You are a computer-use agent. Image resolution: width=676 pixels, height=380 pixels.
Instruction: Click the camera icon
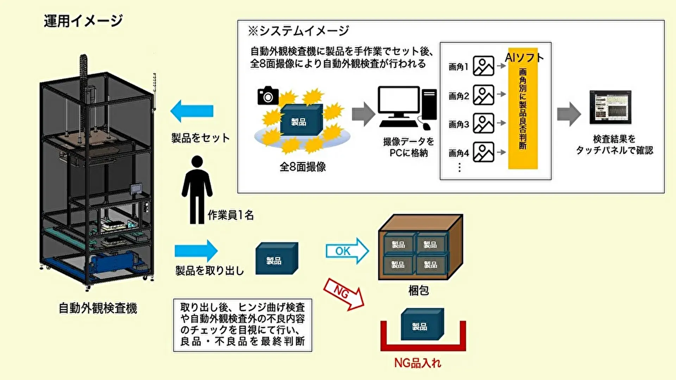(x=268, y=95)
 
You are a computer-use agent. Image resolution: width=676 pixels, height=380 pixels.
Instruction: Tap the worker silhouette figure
(x=197, y=190)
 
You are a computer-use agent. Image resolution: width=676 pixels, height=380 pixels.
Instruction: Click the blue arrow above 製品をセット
(x=192, y=111)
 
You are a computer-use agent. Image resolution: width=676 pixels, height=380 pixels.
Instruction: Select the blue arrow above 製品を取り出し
(x=196, y=251)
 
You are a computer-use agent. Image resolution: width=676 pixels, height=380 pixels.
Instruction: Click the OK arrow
(x=347, y=251)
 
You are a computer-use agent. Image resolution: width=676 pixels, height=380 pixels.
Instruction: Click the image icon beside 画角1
(x=483, y=66)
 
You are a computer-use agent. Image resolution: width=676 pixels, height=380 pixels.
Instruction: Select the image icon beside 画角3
(x=483, y=123)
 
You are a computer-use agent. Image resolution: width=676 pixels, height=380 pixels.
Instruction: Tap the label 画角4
(x=458, y=153)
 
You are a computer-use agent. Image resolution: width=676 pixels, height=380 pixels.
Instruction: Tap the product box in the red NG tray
(x=422, y=324)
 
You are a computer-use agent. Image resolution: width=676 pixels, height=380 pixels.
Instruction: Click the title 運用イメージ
(x=83, y=21)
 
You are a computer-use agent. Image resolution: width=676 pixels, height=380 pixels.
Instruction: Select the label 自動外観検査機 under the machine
(x=98, y=308)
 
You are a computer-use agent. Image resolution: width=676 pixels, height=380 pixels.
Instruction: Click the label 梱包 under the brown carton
(x=419, y=291)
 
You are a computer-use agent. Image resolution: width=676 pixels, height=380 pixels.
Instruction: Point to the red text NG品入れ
(x=418, y=363)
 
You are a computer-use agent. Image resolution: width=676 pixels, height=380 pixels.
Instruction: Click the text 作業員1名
(x=231, y=215)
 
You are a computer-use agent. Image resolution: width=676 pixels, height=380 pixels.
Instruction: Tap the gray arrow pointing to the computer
(x=363, y=114)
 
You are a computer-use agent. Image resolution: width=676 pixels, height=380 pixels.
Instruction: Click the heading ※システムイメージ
(x=298, y=31)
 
